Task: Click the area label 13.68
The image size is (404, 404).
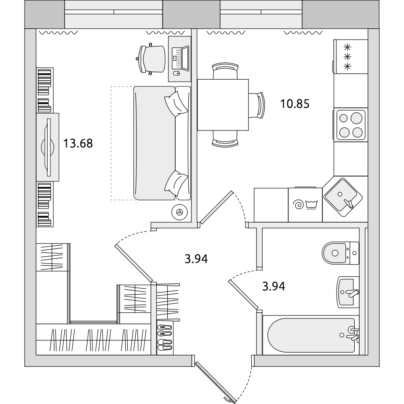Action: pos(78,143)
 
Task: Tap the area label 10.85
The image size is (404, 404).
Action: pos(295,104)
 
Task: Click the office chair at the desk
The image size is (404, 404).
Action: pos(150,59)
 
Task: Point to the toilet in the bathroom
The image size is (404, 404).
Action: pos(340,253)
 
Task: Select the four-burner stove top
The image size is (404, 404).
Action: pos(351,125)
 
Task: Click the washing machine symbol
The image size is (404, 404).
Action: pos(305,204)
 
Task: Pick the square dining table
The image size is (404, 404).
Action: pos(223,105)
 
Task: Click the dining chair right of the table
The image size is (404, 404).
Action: pos(257,105)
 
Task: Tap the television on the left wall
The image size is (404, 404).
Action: pos(48,147)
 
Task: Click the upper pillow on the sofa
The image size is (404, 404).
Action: pos(177,104)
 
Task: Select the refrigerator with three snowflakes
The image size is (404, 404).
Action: pos(350,57)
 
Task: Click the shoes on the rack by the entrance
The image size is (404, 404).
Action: pos(164,337)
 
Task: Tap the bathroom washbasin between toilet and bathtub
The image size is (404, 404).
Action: pos(348,292)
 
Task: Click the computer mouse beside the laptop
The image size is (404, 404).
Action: pos(176,74)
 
